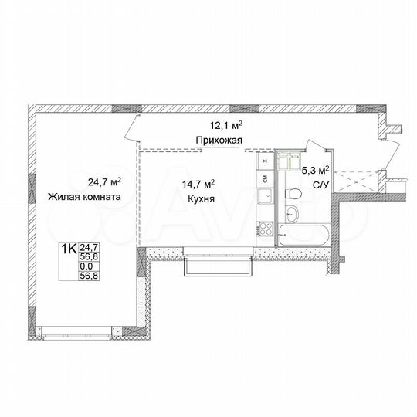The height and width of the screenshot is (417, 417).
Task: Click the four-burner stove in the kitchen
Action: click(264, 228)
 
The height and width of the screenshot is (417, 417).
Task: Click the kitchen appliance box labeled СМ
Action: click(264, 178)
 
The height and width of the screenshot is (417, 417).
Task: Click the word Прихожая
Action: click(220, 140)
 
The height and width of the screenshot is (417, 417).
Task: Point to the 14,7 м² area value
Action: click(198, 185)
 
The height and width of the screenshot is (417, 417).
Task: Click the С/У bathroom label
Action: click(319, 184)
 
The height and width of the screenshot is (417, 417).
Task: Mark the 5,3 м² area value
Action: click(317, 170)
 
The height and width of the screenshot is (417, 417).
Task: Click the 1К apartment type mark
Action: click(69, 249)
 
